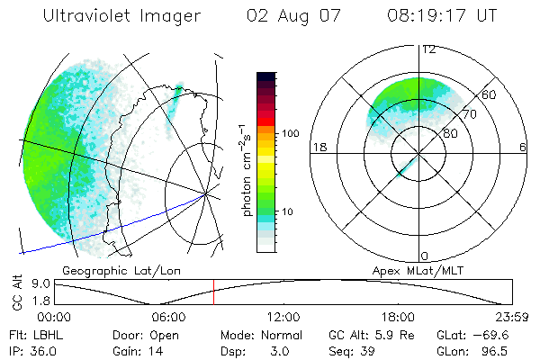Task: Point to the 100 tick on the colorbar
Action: pos(290,133)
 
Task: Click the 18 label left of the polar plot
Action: pos(319,148)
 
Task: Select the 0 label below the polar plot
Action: pos(426,256)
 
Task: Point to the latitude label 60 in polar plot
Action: pos(490,94)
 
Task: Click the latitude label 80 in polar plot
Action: pos(450,133)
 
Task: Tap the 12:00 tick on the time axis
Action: pos(283,317)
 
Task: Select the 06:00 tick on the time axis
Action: pos(168,317)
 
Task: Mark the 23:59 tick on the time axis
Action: pos(510,317)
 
